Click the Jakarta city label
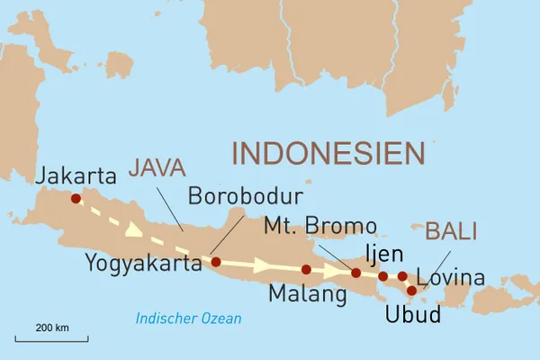(76, 175)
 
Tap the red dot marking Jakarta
(76, 199)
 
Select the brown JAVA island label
(157, 167)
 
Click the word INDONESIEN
(328, 152)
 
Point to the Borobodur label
(245, 196)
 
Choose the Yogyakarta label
(142, 263)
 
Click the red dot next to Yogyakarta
(216, 262)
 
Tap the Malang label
(307, 293)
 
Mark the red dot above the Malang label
(307, 269)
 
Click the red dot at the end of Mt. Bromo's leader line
(356, 273)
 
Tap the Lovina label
(456, 277)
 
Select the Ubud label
(412, 316)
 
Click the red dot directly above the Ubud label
(412, 291)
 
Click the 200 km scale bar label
(51, 327)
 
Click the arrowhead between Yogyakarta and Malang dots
(262, 266)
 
